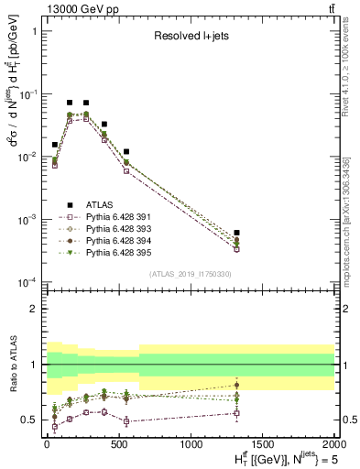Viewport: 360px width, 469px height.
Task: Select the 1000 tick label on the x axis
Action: tap(191, 442)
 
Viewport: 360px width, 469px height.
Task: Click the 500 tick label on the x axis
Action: tap(118, 442)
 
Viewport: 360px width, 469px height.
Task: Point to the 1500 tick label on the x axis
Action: tap(262, 442)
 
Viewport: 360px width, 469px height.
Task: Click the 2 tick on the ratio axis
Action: tap(33, 309)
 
